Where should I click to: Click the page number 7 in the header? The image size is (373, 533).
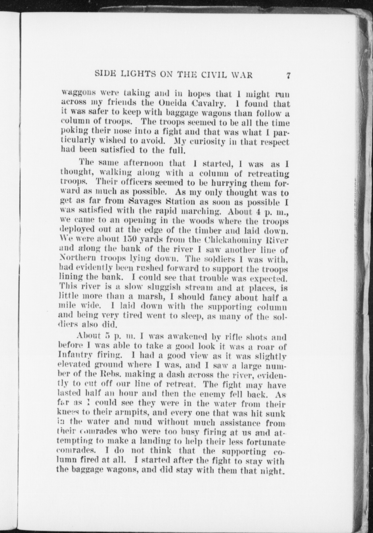coord(288,75)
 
